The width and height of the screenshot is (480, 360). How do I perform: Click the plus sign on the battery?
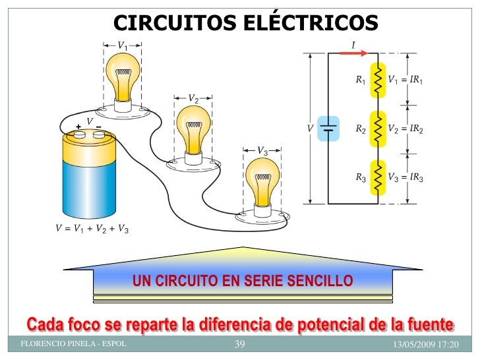click(78, 126)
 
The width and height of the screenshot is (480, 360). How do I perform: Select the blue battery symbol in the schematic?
click(328, 129)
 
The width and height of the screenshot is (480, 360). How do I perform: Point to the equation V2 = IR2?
click(405, 129)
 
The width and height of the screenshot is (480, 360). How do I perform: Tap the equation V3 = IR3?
click(405, 178)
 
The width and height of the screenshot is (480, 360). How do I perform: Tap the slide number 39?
click(240, 344)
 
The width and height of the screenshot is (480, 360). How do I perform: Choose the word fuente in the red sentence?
click(429, 324)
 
